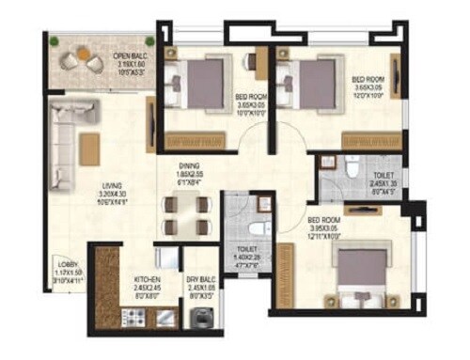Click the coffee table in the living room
tap(89, 149)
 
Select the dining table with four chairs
tap(183, 214)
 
